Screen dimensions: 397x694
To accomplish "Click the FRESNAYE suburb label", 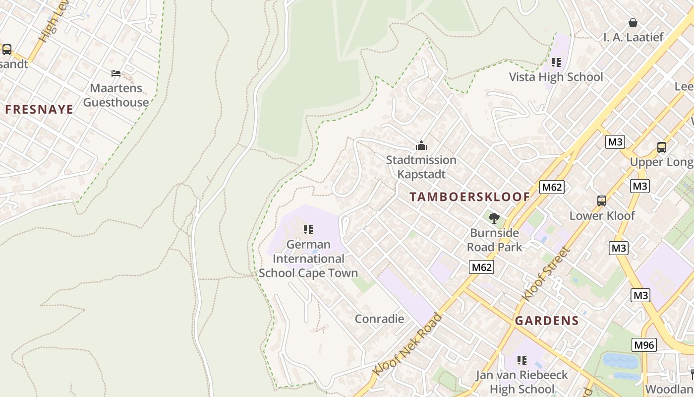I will pyautogui.click(x=39, y=110).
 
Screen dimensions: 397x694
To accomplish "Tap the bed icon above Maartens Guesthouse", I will pyautogui.click(x=116, y=73).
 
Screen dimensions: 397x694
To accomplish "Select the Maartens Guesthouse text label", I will pyautogui.click(x=116, y=95).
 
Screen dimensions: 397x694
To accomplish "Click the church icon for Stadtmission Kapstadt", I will pyautogui.click(x=421, y=145).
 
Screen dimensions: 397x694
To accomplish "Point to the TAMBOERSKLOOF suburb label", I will pyautogui.click(x=470, y=197).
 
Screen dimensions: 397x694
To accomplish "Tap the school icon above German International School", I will pyautogui.click(x=308, y=230).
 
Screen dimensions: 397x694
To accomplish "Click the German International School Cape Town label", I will pyautogui.click(x=308, y=259).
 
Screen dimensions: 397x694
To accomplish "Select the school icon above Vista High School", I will pyautogui.click(x=556, y=63).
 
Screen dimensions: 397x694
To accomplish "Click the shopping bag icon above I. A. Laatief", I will pyautogui.click(x=633, y=23).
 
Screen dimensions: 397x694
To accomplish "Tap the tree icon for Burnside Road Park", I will pyautogui.click(x=494, y=218).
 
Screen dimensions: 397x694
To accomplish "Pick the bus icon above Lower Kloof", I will pyautogui.click(x=602, y=201).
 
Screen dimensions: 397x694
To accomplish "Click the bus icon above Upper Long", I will pyautogui.click(x=662, y=147).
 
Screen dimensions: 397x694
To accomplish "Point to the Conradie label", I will pyautogui.click(x=379, y=319).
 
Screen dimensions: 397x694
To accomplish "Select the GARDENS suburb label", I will pyautogui.click(x=547, y=321).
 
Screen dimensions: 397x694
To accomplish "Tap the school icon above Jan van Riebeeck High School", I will pyautogui.click(x=521, y=360).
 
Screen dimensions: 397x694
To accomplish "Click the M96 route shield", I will pyautogui.click(x=644, y=345).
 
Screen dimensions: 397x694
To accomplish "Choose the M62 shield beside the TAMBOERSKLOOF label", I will pyautogui.click(x=552, y=187).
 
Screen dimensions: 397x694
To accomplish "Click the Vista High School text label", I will pyautogui.click(x=556, y=77).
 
